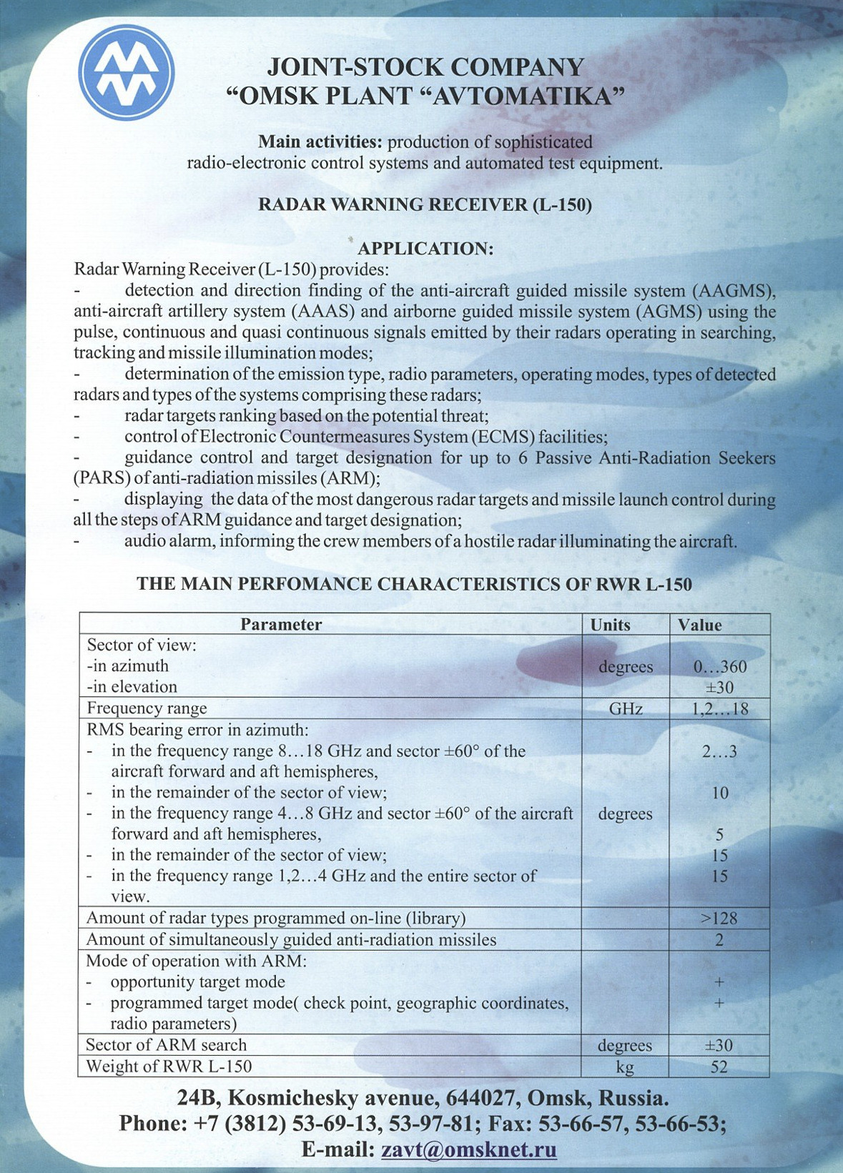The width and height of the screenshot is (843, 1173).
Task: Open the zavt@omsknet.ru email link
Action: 469,1149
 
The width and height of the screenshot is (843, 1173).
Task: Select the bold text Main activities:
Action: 320,142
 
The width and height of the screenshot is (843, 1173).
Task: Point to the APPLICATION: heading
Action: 425,249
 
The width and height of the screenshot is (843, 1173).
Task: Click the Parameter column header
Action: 281,625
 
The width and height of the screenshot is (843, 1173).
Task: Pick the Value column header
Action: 700,625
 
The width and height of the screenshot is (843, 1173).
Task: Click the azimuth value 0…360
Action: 720,667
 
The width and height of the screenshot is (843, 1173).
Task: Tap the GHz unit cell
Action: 626,709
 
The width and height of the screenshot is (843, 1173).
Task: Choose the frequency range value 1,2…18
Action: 720,709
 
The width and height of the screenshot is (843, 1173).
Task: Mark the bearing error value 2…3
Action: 719,751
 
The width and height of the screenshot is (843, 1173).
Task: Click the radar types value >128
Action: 719,919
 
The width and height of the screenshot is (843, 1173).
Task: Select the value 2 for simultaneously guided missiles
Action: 719,940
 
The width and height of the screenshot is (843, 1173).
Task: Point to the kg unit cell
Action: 625,1067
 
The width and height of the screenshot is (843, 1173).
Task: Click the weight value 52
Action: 719,1067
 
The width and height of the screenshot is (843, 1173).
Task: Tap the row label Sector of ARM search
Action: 166,1045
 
